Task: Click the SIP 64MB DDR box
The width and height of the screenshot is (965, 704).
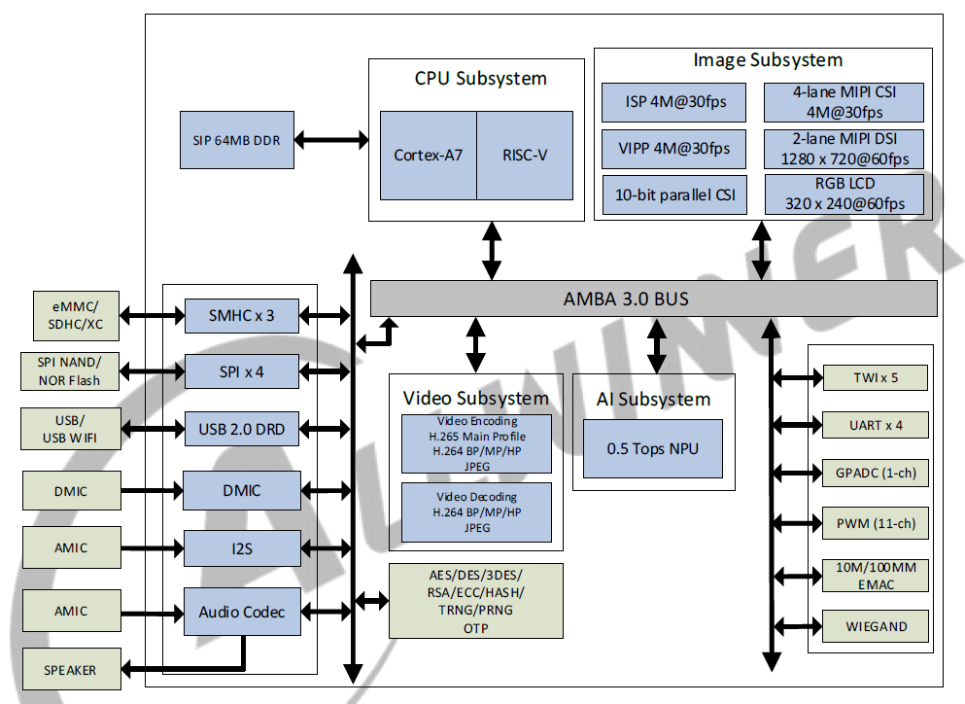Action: tap(236, 140)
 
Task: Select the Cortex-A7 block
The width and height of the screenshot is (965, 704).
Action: tap(428, 156)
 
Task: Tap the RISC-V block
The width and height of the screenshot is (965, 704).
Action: tap(525, 156)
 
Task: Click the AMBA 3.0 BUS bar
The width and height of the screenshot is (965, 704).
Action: tap(653, 299)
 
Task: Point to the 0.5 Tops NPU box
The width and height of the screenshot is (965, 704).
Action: tap(652, 448)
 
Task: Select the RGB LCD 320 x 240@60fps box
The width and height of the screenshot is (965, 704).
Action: tap(844, 194)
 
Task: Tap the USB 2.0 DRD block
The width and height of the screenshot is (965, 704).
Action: tap(242, 428)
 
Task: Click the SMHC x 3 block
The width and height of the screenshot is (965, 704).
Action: tap(242, 315)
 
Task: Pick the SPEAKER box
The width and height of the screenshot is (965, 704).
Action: tap(70, 670)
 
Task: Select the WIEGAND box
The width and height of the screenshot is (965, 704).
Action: tap(876, 625)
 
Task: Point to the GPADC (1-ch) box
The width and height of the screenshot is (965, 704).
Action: tap(876, 474)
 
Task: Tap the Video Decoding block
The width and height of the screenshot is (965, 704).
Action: tap(476, 511)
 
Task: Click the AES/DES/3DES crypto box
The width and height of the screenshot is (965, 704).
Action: tap(475, 601)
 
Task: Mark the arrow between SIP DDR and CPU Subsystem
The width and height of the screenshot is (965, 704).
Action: tap(330, 140)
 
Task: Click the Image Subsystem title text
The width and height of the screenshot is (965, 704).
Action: tap(767, 60)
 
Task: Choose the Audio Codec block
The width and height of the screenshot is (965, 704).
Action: tap(242, 612)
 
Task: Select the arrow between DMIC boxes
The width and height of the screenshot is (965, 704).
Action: tap(153, 490)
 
